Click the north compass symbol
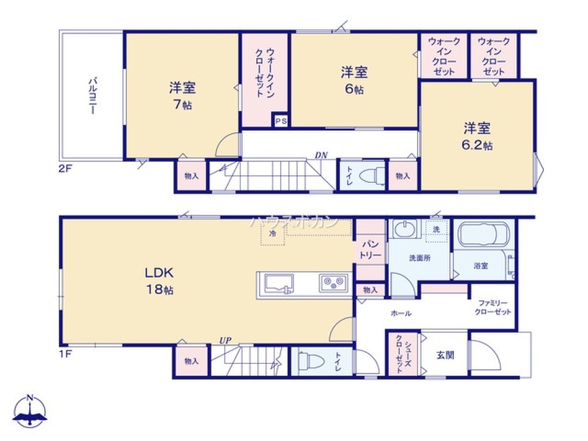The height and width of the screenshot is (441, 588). (31, 412)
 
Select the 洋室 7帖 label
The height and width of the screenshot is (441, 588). (182, 96)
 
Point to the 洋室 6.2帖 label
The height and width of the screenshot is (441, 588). (477, 136)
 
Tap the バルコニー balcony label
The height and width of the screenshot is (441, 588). (92, 95)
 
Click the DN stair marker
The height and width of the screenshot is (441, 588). (320, 155)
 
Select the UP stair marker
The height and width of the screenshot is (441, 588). (225, 340)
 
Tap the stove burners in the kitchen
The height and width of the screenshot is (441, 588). (333, 284)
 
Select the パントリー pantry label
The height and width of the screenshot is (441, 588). (370, 249)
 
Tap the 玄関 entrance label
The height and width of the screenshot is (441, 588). (444, 355)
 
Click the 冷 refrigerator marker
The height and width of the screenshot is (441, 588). (272, 233)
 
